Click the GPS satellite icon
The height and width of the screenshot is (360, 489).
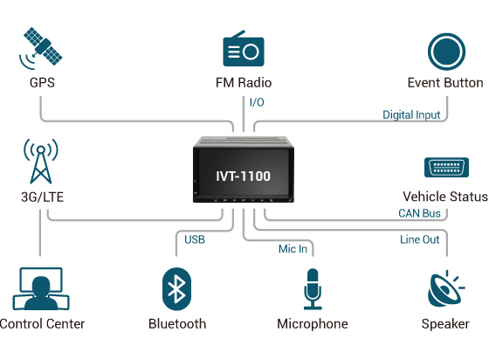coord(40,48)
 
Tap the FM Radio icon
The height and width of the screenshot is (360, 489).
coord(244,49)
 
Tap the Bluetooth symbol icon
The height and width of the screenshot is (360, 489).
coord(177,289)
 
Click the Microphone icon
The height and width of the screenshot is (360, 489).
coord(312,289)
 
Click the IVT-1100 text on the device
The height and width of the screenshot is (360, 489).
coord(244,176)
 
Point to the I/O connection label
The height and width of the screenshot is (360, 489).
coord(257,103)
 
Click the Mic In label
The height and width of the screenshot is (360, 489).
coord(293,249)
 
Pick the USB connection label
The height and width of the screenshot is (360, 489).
coord(195,239)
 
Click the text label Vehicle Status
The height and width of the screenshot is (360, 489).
coord(444,197)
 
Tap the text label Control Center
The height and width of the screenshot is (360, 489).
coord(42,324)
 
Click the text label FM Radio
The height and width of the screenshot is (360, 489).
coord(244,83)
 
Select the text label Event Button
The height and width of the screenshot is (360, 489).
coord(444,83)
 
